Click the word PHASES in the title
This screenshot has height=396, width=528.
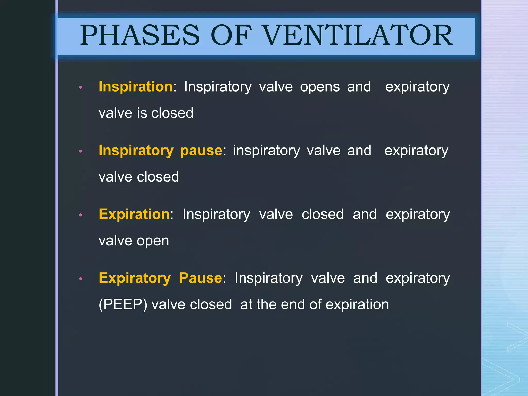(140, 35)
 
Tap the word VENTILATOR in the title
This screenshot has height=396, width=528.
(358, 35)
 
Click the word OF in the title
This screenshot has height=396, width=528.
(231, 35)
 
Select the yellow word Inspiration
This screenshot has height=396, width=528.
(136, 86)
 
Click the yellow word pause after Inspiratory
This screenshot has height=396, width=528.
(201, 150)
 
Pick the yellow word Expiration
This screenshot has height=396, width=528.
(134, 214)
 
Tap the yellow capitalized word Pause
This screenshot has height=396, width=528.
(201, 278)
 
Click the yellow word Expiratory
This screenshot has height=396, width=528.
(135, 278)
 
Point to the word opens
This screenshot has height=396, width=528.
(320, 87)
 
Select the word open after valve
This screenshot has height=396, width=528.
(153, 241)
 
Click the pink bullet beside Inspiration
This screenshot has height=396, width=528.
(81, 88)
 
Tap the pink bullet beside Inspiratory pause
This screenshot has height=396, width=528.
(81, 151)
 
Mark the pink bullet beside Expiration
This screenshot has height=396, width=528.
(81, 215)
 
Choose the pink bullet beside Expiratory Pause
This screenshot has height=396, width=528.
(81, 279)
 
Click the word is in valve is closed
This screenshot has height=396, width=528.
(142, 113)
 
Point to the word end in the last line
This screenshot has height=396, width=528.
(293, 304)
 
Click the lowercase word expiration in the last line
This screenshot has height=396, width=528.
(357, 305)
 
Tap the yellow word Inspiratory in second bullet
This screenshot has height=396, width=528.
(136, 151)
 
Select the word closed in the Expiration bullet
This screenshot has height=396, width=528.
(323, 214)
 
